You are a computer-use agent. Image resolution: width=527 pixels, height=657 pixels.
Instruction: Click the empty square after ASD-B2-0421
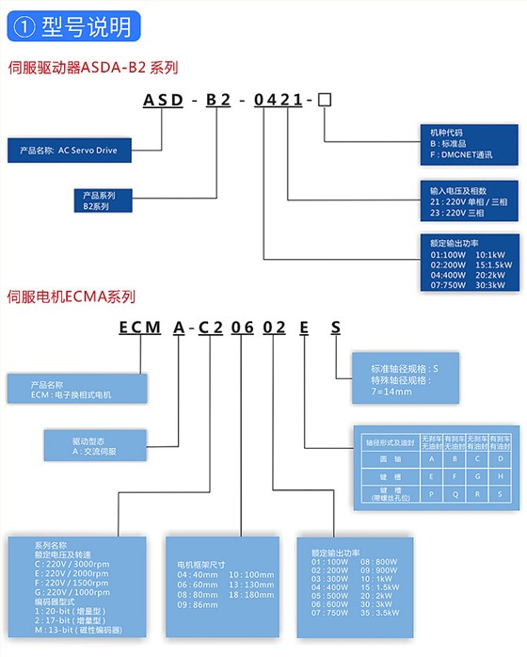tap(326, 101)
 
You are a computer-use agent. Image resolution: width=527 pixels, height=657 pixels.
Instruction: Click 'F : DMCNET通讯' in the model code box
tap(462, 153)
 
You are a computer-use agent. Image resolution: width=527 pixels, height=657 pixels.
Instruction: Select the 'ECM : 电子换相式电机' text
tap(72, 395)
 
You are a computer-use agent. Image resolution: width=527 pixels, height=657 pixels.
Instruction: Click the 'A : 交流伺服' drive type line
tap(95, 452)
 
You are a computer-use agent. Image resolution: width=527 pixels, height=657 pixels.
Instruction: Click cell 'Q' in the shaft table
tap(455, 492)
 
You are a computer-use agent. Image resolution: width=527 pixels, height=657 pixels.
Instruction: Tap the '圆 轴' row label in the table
tap(383, 458)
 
